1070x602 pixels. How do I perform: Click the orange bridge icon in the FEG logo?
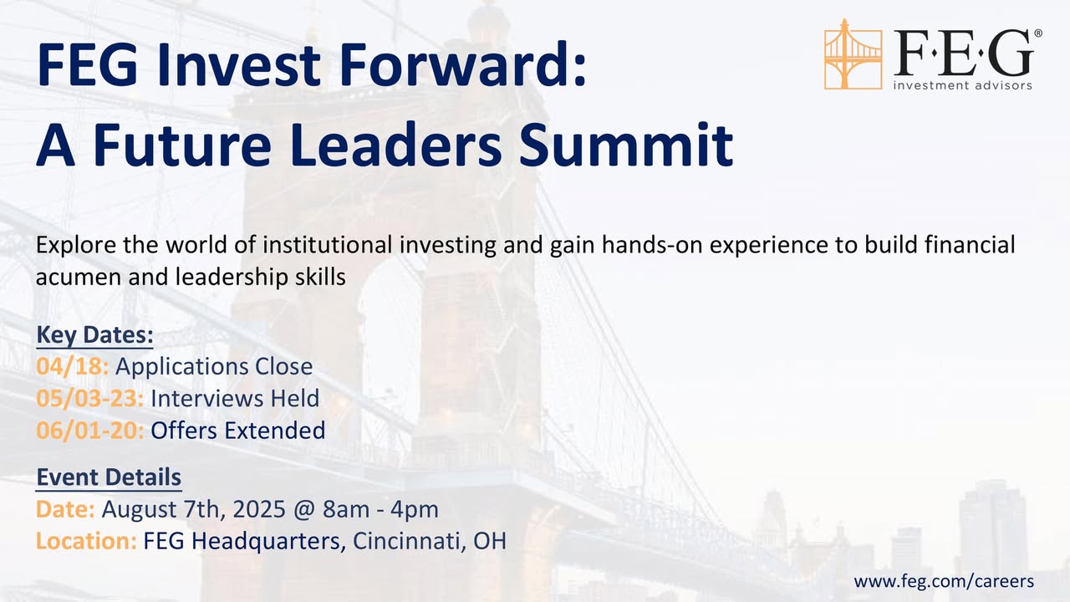click(x=853, y=54)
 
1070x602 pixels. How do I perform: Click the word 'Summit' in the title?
click(x=626, y=144)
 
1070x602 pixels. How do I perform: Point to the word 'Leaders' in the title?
click(x=395, y=144)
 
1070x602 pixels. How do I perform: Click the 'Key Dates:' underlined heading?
click(x=94, y=334)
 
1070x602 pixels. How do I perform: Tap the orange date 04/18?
click(x=72, y=366)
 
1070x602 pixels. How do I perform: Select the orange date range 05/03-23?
click(x=89, y=399)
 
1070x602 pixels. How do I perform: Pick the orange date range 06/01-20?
click(x=89, y=430)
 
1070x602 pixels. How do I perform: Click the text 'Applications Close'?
click(x=214, y=367)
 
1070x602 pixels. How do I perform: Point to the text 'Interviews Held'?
click(x=235, y=399)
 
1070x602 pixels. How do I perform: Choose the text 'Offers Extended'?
click(x=238, y=430)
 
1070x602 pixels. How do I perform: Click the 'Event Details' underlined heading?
click(x=109, y=477)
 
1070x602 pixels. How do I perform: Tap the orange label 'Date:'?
click(x=65, y=509)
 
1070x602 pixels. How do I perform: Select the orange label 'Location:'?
click(x=86, y=541)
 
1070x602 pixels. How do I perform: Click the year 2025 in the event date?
click(x=259, y=509)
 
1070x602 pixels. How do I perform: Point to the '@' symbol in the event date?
click(x=304, y=510)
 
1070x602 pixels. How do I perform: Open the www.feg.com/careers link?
click(x=944, y=581)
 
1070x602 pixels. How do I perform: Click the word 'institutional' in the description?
click(x=327, y=245)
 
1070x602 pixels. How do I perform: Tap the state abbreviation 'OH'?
click(x=490, y=541)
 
